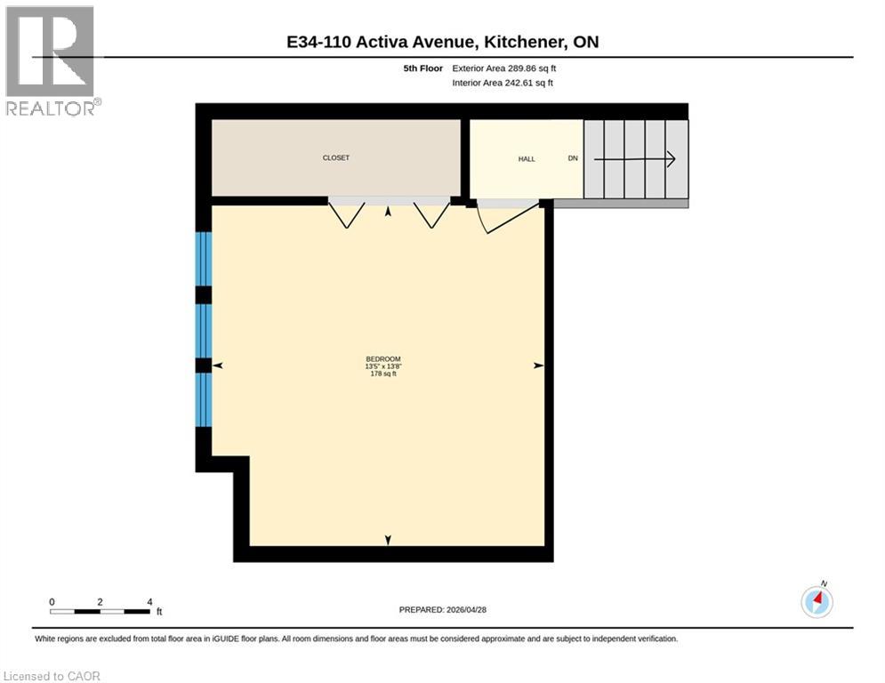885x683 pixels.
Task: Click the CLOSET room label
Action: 335,158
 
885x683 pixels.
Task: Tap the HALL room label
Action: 527,159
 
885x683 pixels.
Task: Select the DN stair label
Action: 573,159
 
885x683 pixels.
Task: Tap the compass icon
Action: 817,602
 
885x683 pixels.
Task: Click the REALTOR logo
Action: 52,60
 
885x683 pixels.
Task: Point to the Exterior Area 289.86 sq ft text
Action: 504,68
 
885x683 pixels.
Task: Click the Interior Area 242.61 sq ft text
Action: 503,84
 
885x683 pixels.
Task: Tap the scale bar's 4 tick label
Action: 149,602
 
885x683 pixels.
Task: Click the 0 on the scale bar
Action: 52,602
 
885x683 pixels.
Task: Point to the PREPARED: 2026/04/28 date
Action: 444,610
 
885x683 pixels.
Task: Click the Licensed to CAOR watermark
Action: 52,677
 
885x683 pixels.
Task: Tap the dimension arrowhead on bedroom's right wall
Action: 538,366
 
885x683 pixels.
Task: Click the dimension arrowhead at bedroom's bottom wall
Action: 388,540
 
